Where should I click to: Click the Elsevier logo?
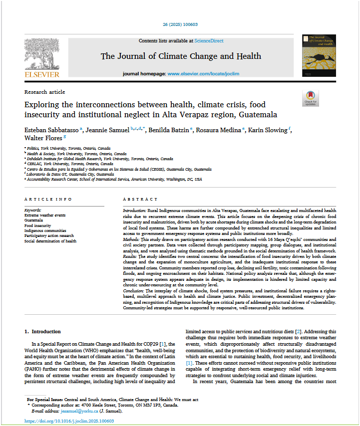click(42, 57)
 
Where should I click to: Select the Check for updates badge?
click(310, 98)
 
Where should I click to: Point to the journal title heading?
click(181, 56)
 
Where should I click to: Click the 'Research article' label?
click(44, 92)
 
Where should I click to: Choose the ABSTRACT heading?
click(140, 199)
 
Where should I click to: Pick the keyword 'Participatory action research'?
click(49, 235)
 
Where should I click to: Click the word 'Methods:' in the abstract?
click(132, 239)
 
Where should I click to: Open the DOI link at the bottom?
click(69, 421)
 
